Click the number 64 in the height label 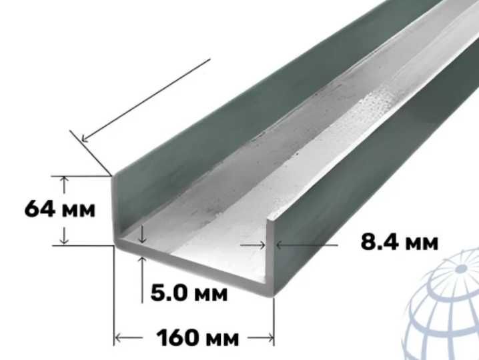(x=40, y=209)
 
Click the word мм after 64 (x=79, y=211)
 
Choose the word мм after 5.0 (x=211, y=295)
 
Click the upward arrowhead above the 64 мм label (x=64, y=180)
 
